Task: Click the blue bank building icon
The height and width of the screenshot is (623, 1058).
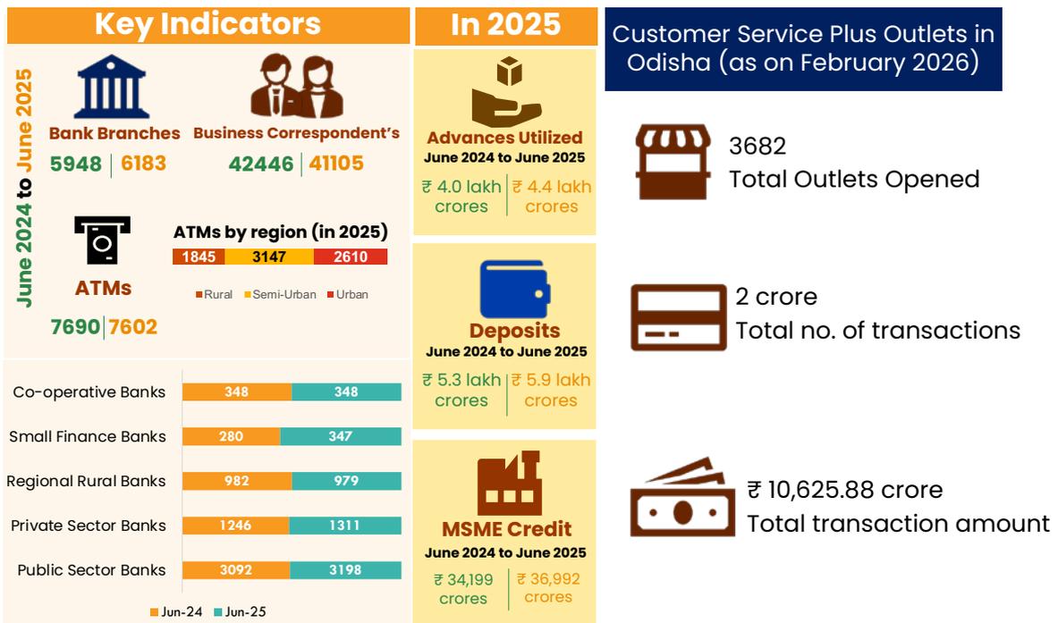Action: pyautogui.click(x=112, y=87)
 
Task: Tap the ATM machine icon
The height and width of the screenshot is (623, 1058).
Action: pyautogui.click(x=103, y=240)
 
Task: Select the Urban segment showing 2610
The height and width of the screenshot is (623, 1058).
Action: pyautogui.click(x=351, y=257)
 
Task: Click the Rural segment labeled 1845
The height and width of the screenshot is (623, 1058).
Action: pyautogui.click(x=199, y=257)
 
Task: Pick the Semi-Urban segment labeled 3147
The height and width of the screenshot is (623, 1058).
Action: pyautogui.click(x=268, y=257)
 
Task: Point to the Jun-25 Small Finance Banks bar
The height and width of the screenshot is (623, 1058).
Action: pyautogui.click(x=341, y=436)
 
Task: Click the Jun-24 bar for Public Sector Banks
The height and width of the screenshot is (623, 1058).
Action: pyautogui.click(x=236, y=569)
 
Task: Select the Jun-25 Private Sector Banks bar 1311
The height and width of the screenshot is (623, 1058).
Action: pyautogui.click(x=345, y=526)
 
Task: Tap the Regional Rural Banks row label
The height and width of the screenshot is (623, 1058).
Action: pyautogui.click(x=87, y=481)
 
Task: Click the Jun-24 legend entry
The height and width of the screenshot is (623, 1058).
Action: pyautogui.click(x=176, y=611)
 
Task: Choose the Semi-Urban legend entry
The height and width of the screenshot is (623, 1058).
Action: pyautogui.click(x=280, y=295)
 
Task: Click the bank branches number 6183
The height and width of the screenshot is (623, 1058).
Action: pyautogui.click(x=143, y=164)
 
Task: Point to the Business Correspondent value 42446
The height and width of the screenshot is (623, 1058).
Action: pyautogui.click(x=261, y=164)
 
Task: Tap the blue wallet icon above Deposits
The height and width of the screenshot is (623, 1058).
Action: pyautogui.click(x=515, y=290)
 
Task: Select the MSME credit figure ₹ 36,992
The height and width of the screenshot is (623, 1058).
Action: pyautogui.click(x=548, y=587)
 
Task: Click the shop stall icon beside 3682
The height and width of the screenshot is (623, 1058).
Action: pyautogui.click(x=673, y=161)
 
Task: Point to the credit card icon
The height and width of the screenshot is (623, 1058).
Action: pyautogui.click(x=678, y=317)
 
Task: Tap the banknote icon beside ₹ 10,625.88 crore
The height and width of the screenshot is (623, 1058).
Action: pyautogui.click(x=682, y=498)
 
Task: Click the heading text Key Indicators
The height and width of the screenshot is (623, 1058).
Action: pyautogui.click(x=207, y=24)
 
